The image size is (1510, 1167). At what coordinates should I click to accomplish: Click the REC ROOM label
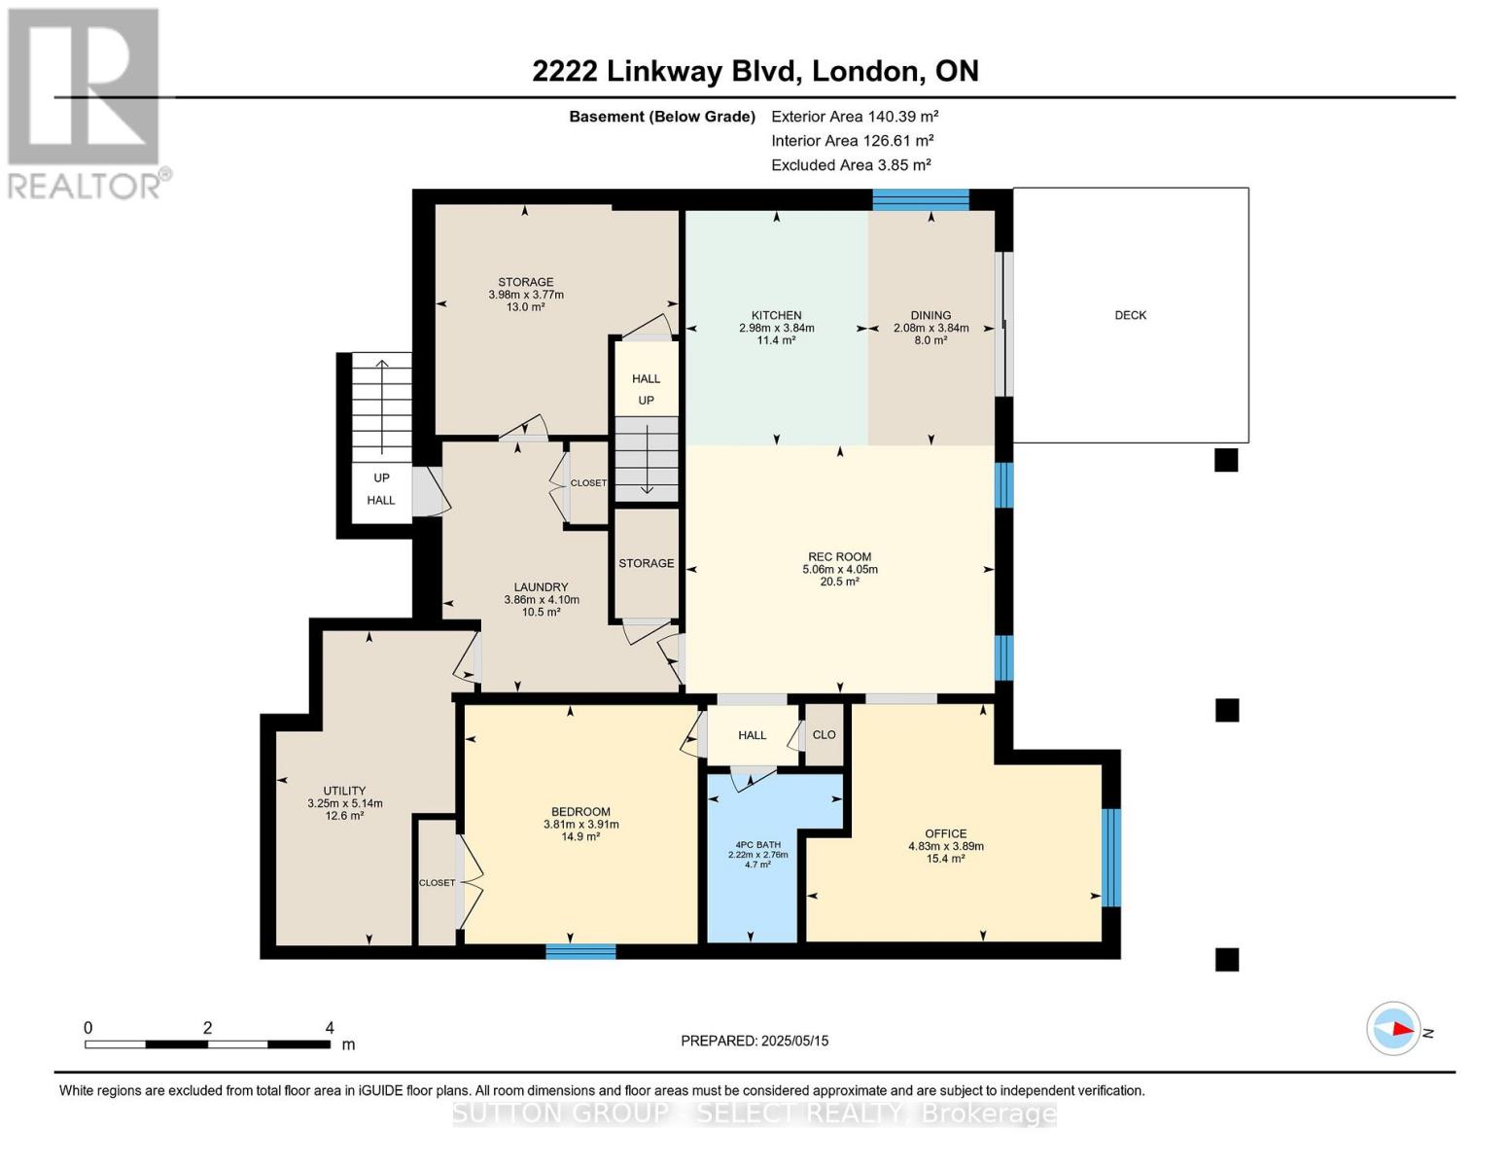click(x=839, y=557)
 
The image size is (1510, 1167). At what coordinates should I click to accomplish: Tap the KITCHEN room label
click(x=776, y=315)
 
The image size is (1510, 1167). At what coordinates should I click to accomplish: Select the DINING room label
click(x=931, y=315)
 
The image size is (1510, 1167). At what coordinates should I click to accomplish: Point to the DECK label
click(x=1130, y=315)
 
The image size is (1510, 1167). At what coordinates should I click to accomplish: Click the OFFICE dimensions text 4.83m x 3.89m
click(x=945, y=846)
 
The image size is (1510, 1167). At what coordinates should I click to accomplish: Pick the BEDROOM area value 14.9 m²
click(x=580, y=836)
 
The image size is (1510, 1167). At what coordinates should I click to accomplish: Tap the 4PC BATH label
click(x=757, y=844)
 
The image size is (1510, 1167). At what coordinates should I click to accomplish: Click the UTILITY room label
click(x=344, y=791)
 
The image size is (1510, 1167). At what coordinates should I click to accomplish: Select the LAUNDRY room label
click(x=541, y=587)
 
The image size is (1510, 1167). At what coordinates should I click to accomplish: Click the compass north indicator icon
click(x=1394, y=1028)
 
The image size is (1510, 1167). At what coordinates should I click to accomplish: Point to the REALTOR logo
click(x=85, y=102)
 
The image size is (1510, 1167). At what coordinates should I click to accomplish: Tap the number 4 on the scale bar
click(x=330, y=1028)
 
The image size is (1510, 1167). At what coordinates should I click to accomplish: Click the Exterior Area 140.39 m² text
click(x=854, y=116)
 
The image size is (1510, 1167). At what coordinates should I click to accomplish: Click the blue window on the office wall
click(x=1110, y=858)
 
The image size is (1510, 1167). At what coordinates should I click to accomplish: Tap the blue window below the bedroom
click(x=580, y=951)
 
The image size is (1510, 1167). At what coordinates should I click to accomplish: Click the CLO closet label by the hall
click(x=824, y=734)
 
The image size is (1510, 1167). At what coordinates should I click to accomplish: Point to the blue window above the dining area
click(x=920, y=199)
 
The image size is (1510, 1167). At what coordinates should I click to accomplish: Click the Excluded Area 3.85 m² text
click(x=851, y=165)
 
